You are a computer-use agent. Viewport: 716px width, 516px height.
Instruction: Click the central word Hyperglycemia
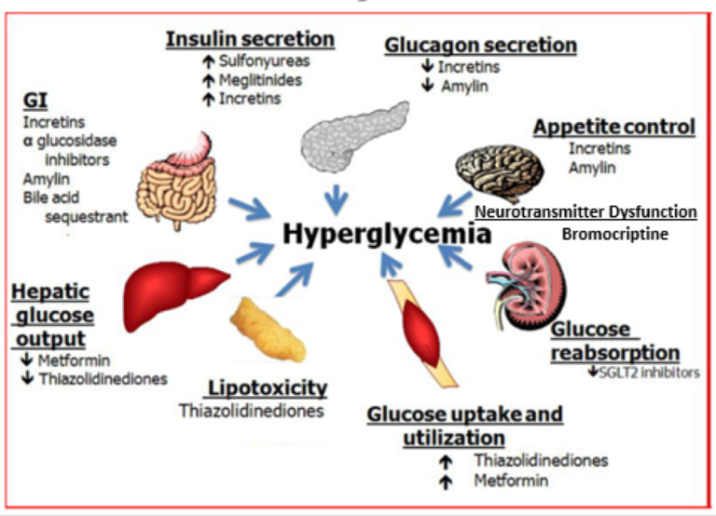(x=387, y=235)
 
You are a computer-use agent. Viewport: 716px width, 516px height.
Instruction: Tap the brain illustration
(x=500, y=172)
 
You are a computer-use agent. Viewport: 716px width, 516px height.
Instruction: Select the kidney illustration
(x=527, y=286)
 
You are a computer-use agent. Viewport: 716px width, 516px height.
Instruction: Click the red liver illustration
(x=176, y=294)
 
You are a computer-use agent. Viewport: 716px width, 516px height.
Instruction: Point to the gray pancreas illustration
(x=354, y=137)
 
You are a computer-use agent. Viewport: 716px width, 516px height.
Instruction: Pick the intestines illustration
(x=177, y=183)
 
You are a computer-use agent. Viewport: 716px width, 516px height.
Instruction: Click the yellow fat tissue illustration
(x=268, y=330)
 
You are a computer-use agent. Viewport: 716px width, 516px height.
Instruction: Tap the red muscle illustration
(x=422, y=333)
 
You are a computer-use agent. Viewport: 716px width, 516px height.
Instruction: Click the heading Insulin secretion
(x=250, y=39)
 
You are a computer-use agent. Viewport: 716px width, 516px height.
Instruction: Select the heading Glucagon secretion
(x=480, y=46)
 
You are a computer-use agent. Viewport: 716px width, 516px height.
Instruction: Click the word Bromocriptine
(x=614, y=235)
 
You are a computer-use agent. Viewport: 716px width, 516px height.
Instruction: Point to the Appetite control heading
(x=614, y=127)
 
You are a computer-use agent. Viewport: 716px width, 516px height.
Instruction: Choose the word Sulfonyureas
(x=265, y=61)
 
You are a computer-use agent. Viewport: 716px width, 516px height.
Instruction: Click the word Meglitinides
(x=260, y=80)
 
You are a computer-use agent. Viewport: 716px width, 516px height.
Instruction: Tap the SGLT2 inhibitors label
(x=649, y=373)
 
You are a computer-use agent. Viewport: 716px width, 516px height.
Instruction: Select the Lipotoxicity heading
(x=268, y=388)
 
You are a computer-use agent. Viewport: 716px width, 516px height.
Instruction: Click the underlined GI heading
(x=35, y=101)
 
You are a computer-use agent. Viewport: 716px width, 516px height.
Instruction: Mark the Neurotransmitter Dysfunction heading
(x=585, y=212)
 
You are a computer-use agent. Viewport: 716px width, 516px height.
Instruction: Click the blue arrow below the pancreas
(x=337, y=199)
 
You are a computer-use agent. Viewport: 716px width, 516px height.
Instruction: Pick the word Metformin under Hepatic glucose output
(x=74, y=360)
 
